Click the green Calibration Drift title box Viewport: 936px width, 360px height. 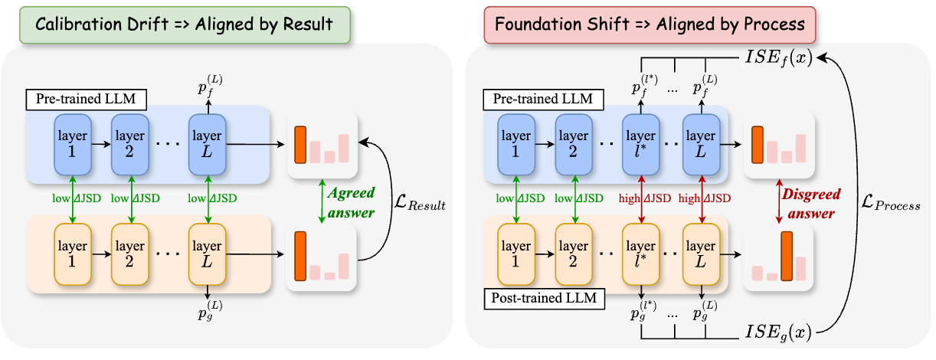tap(177, 24)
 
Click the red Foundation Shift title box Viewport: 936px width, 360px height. tap(650, 24)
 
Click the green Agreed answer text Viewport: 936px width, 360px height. tap(352, 201)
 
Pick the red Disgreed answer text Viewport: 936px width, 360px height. tap(807, 201)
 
